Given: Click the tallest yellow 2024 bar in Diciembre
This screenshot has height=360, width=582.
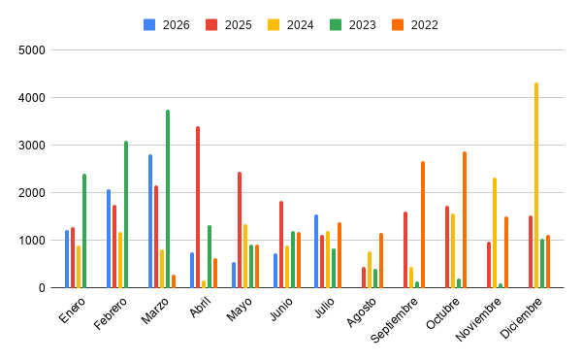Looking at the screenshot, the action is [536, 185].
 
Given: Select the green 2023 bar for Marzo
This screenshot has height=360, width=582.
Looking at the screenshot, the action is [168, 199].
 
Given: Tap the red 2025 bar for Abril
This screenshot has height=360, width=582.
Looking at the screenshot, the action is [198, 207].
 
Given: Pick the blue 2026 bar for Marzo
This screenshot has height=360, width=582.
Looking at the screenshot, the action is [150, 221].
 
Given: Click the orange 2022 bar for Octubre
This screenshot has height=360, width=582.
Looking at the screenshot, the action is [465, 219].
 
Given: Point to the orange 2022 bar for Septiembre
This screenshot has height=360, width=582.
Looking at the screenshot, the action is [423, 224].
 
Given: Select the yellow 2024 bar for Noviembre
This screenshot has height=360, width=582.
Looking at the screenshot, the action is [495, 233].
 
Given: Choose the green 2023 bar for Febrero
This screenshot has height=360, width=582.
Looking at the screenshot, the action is [126, 214].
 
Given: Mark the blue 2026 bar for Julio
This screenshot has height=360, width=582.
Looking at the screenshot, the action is [316, 251].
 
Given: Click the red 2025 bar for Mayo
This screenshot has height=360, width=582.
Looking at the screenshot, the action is [240, 230].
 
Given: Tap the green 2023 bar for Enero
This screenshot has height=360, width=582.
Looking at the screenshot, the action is [84, 231].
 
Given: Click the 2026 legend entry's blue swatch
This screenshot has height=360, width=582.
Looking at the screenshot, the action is [149, 25].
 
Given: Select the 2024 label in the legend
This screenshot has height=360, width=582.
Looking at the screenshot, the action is [301, 25].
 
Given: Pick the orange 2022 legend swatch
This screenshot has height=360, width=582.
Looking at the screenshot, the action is [398, 25].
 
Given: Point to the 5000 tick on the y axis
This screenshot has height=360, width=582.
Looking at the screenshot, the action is [32, 50].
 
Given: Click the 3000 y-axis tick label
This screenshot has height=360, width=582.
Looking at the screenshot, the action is [32, 146].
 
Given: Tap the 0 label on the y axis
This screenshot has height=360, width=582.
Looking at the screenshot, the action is [42, 288].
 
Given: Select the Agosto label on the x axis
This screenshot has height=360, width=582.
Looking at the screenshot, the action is [362, 312].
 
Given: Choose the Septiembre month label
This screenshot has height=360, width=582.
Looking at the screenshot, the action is [394, 320].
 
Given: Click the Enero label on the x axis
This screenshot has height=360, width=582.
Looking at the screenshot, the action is [72, 311].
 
